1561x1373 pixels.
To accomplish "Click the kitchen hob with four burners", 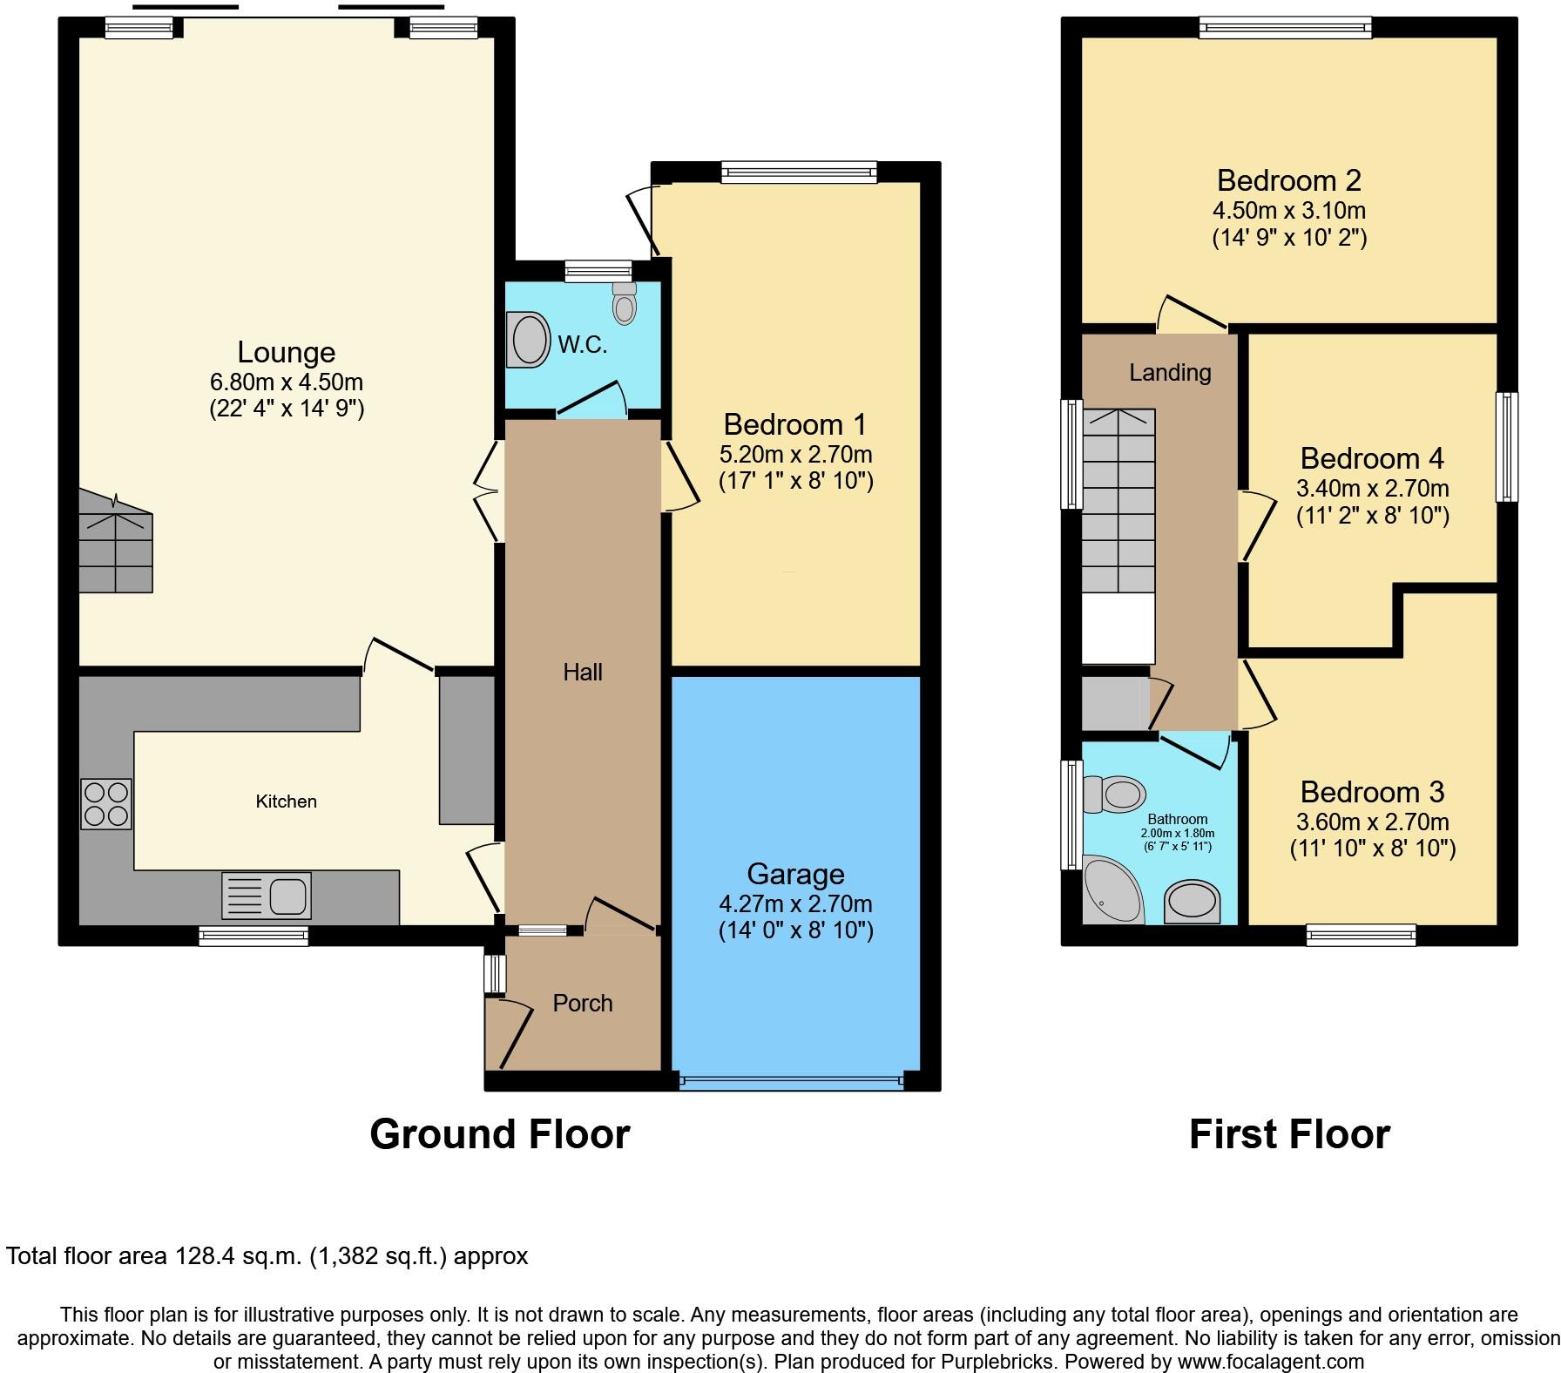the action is (x=106, y=803).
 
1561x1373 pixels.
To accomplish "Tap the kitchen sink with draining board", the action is (x=267, y=895).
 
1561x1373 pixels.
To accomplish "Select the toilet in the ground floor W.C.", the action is (x=624, y=302).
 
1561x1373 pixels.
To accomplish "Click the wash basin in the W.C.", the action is (x=528, y=339).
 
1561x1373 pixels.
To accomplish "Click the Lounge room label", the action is (x=287, y=352).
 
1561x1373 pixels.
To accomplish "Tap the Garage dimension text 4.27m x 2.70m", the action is (x=796, y=904).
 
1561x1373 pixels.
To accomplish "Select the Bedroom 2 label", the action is (x=1289, y=180).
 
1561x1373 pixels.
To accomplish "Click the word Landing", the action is (x=1170, y=373).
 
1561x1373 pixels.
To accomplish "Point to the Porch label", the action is (x=583, y=1003).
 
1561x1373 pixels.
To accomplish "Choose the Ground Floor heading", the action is (x=500, y=1134).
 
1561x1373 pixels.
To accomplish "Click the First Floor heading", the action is (x=1289, y=1134).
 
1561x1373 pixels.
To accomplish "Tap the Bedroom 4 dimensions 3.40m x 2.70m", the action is (x=1373, y=488).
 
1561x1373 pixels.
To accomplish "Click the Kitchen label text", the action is (x=286, y=801).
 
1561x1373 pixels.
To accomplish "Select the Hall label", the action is (x=583, y=672).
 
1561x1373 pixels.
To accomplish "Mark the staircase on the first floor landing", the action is (x=1118, y=501).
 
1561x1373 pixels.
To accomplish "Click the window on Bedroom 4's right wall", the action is (x=1507, y=447).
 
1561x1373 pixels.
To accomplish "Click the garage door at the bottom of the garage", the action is (x=792, y=1081).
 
